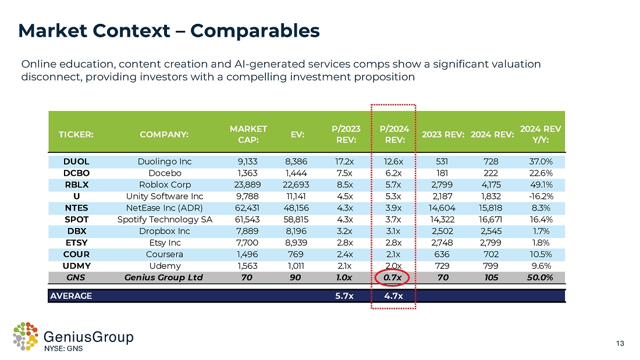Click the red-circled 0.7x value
click(x=394, y=277)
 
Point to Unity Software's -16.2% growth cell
click(x=537, y=196)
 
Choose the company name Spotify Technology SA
click(x=165, y=219)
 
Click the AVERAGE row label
click(x=71, y=296)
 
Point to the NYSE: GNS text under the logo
click(x=64, y=349)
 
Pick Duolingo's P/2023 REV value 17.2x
click(x=346, y=162)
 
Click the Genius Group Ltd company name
click(x=165, y=277)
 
